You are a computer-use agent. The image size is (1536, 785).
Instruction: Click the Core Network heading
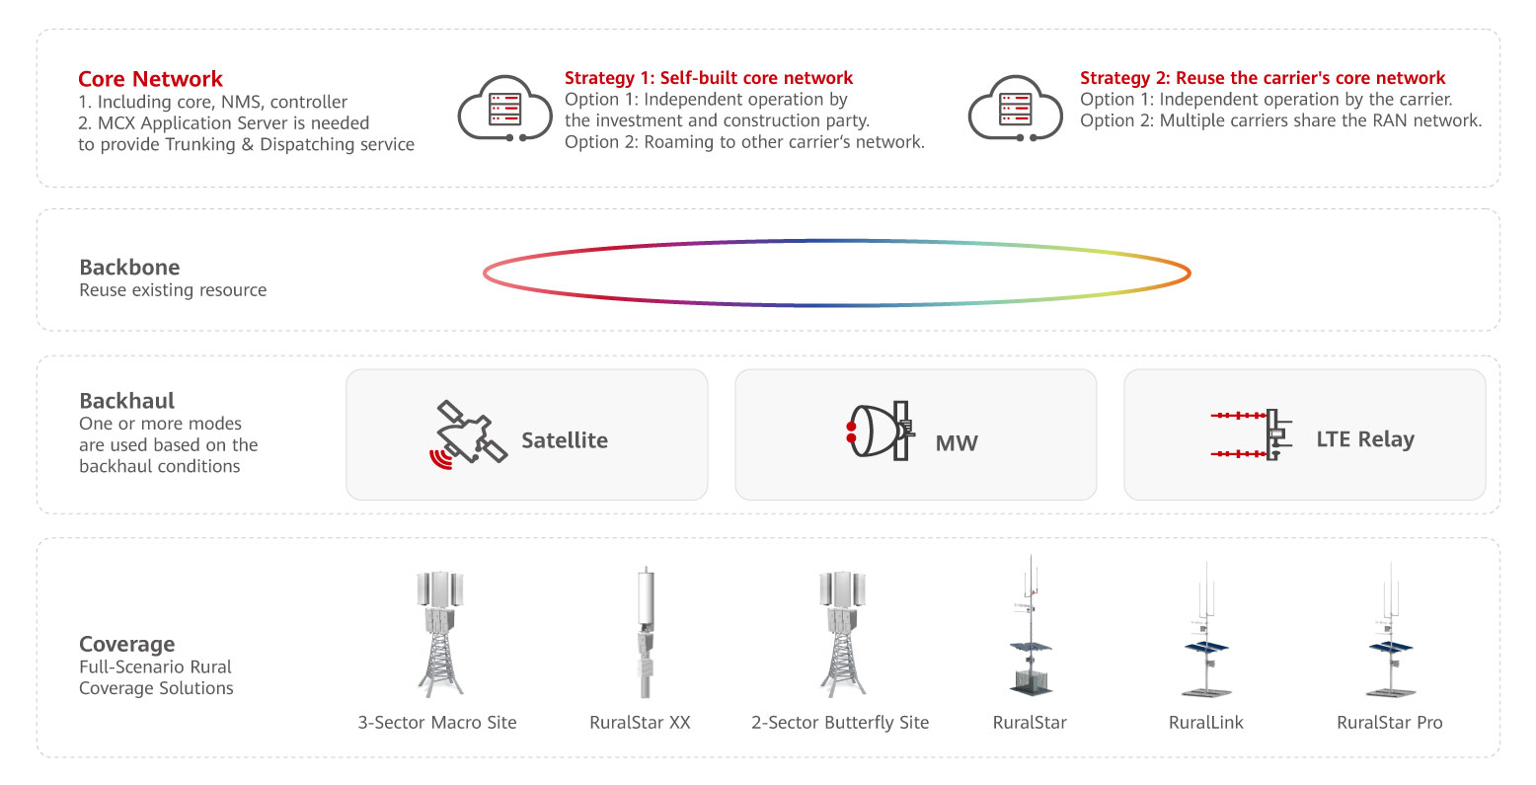150,79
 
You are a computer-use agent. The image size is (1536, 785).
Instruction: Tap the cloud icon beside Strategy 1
504,109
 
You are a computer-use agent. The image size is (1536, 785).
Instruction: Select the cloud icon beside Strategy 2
1015,109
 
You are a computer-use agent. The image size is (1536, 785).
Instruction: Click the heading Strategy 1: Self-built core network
708,78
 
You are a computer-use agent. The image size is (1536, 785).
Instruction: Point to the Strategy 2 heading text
1262,78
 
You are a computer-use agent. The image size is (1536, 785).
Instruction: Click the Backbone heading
129,268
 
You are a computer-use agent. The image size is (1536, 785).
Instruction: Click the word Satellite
564,440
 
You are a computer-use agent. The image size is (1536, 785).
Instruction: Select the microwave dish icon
879,432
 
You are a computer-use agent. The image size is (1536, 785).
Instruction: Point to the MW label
956,443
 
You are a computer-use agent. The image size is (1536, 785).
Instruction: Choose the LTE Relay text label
1364,439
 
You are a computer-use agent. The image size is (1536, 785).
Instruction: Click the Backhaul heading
126,401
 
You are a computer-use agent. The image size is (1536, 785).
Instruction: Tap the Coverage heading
126,645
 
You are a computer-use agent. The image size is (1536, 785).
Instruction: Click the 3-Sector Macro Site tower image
437,634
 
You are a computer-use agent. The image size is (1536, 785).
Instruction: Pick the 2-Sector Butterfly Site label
840,723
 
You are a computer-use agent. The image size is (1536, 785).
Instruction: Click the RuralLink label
1205,723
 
